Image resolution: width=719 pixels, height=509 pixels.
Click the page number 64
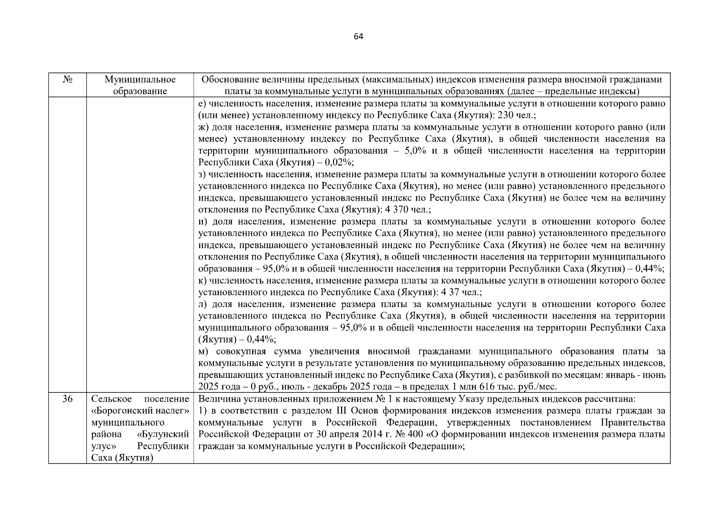tap(358, 36)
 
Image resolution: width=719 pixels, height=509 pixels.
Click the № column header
tap(67, 80)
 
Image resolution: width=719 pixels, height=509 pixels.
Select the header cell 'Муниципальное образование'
tap(140, 85)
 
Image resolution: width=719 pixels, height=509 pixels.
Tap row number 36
tap(67, 399)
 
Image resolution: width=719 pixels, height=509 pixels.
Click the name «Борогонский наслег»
tap(140, 411)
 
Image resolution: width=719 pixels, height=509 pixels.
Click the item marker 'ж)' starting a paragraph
tap(204, 127)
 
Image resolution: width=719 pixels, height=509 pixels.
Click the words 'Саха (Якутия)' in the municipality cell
tap(122, 458)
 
